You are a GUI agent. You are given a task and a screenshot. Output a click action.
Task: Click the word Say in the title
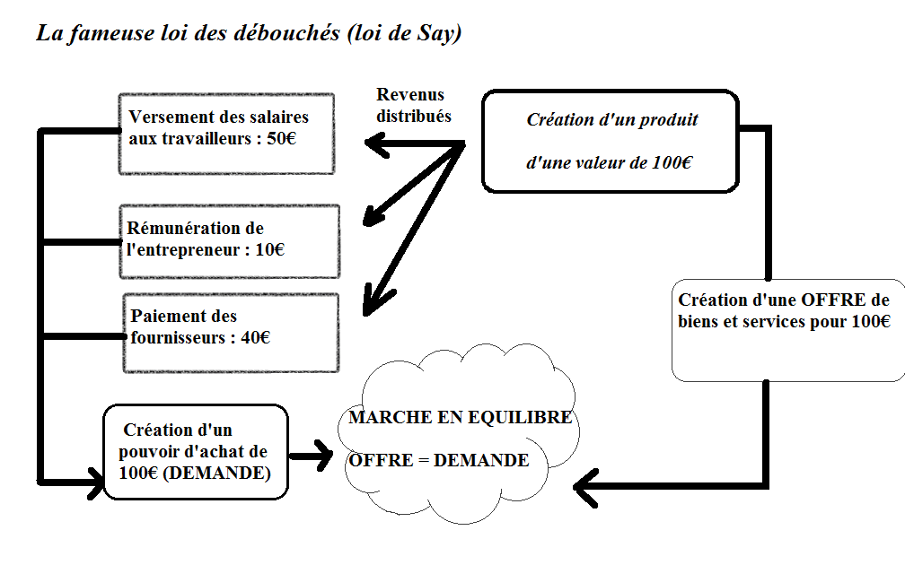[x=435, y=33]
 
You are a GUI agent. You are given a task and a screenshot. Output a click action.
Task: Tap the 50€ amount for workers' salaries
[x=281, y=138]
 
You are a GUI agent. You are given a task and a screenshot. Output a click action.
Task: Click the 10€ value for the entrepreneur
[x=269, y=249]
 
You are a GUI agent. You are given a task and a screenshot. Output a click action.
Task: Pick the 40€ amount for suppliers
[x=255, y=337]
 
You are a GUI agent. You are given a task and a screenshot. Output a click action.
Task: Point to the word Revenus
[x=410, y=94]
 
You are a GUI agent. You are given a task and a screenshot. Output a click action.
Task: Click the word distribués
[x=414, y=116]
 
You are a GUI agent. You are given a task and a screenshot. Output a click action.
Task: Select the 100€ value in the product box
[x=672, y=162]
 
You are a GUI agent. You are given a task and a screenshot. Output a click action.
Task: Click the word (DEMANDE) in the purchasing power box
[x=217, y=473]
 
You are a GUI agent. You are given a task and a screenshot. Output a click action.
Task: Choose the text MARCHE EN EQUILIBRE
[x=460, y=417]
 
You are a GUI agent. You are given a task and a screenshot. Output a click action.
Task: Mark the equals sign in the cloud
[x=424, y=460]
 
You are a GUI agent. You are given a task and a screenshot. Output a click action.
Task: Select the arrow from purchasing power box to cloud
[x=311, y=456]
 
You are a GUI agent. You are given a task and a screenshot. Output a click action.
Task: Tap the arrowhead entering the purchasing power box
[x=96, y=482]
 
